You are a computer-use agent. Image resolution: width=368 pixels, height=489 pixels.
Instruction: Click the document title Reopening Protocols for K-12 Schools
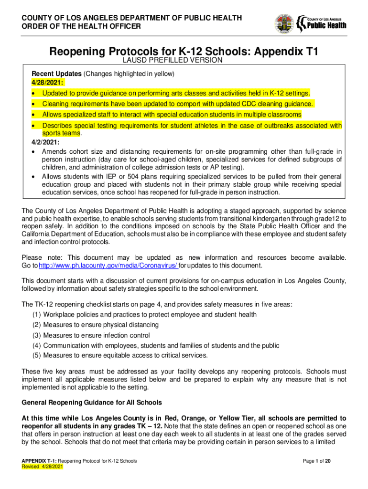tap(184, 51)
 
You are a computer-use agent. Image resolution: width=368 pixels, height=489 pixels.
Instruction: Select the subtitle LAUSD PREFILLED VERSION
tap(173, 60)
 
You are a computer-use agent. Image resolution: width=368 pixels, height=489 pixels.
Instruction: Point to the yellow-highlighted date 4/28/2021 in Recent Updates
tap(47, 82)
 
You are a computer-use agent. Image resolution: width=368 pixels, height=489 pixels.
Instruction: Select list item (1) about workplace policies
tap(144, 315)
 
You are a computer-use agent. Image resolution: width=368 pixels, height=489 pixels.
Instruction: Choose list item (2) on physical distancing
tap(102, 325)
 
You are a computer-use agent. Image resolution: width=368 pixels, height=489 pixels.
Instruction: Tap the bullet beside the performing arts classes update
tap(33, 93)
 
